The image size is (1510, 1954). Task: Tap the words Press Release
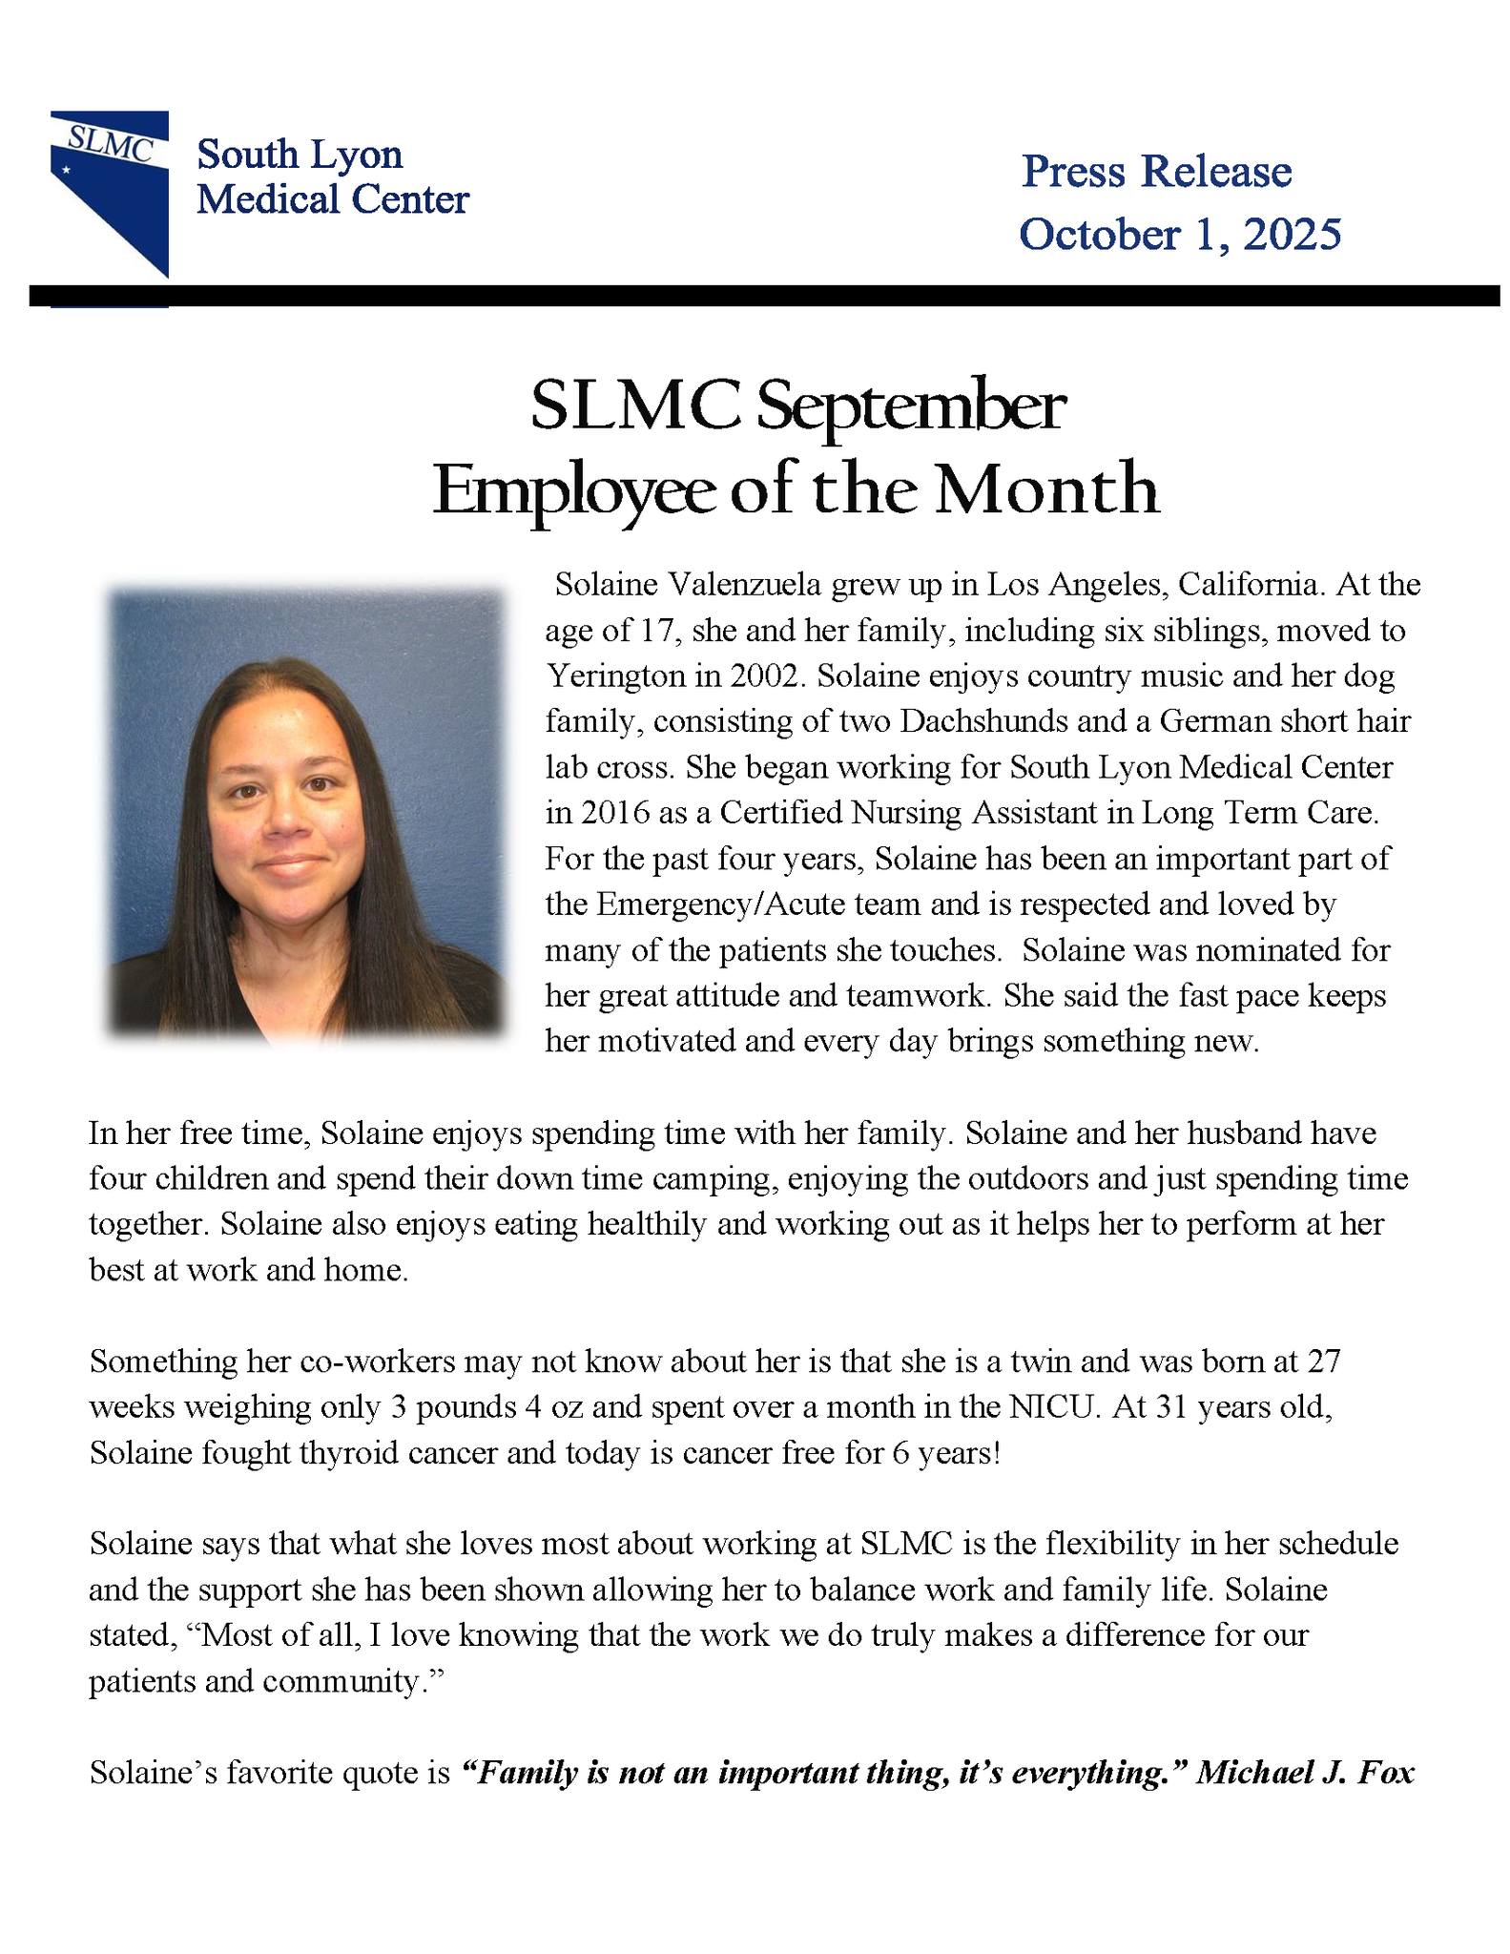click(1156, 173)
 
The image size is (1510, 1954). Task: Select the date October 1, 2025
click(1179, 235)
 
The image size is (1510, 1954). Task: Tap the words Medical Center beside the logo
click(332, 200)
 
